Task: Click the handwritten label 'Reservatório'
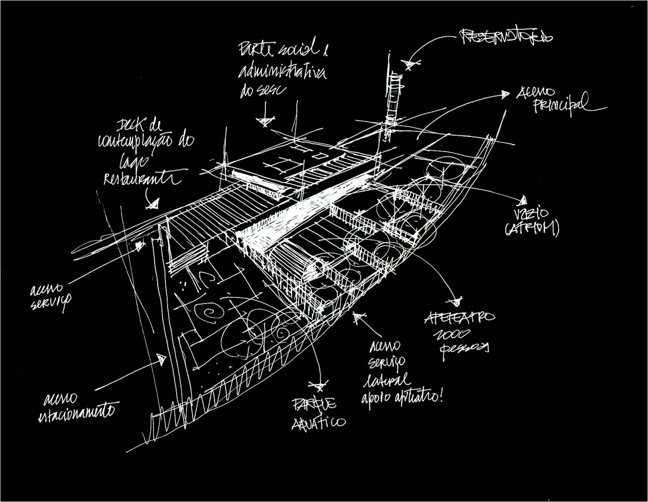(506, 37)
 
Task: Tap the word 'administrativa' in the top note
(283, 71)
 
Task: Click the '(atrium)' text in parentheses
(532, 229)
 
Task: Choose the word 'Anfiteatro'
(459, 317)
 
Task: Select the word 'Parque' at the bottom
(314, 404)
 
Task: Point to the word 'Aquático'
(318, 422)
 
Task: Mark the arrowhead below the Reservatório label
(408, 65)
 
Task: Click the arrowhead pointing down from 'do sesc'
(265, 120)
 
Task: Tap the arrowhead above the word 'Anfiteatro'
(456, 302)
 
